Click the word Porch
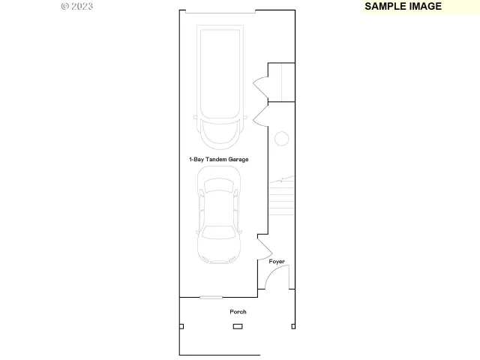(238, 311)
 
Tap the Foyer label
(277, 261)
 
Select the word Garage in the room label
(238, 160)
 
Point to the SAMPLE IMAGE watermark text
(403, 6)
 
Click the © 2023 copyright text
(76, 6)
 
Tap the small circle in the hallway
(281, 139)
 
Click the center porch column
(238, 326)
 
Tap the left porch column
(181, 325)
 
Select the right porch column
(293, 326)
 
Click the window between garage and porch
(211, 298)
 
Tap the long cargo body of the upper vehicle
(220, 71)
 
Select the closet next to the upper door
(281, 82)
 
